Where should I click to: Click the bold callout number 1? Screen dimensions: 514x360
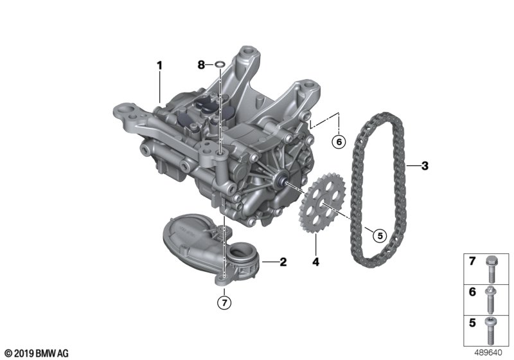coord(159,66)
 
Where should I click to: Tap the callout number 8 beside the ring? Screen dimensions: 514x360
coord(201,65)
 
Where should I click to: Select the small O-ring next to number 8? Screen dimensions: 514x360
coord(220,64)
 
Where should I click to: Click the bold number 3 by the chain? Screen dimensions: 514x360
coord(425,166)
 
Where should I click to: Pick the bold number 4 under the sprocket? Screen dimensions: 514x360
coord(315,262)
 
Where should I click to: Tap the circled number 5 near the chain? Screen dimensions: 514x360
coord(380,235)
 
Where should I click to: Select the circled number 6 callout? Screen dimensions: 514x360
coord(339,142)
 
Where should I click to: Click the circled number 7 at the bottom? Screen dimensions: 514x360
coord(224,303)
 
